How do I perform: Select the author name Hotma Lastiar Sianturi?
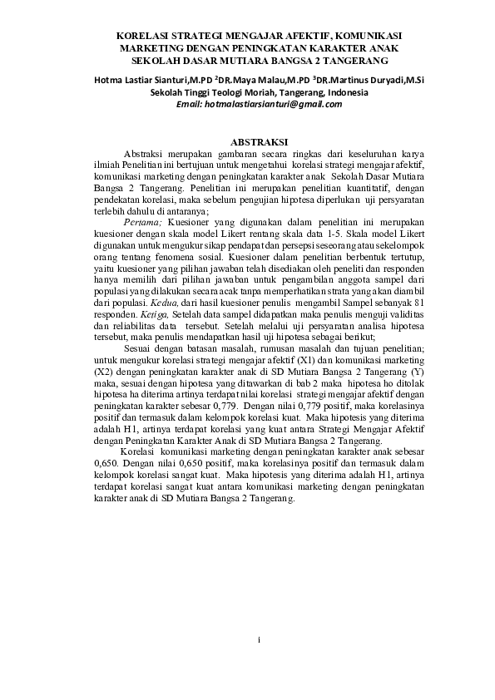136,80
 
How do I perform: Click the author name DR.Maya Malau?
247,80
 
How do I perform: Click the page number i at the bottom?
259,640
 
